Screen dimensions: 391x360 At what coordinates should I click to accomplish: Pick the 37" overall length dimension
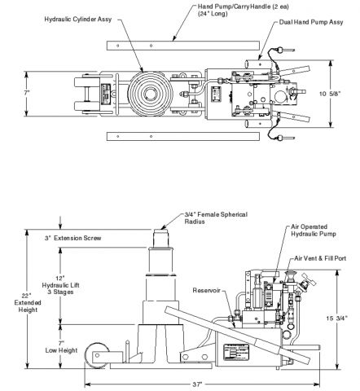pyautogui.click(x=198, y=382)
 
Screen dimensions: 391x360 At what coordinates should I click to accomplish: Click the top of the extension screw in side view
pyautogui.click(x=160, y=232)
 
